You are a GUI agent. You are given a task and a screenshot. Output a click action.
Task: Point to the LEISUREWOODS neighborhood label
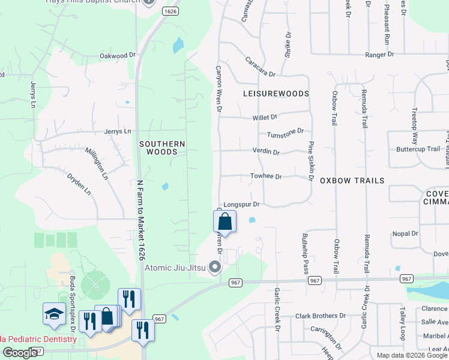tap(276, 94)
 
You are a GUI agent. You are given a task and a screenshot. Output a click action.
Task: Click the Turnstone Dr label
tap(286, 133)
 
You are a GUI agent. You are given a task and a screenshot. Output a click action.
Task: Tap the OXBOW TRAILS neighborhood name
tap(352, 181)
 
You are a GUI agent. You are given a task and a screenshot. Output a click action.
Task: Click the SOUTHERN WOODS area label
tap(162, 148)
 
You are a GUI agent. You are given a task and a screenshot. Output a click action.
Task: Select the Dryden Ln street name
tap(79, 184)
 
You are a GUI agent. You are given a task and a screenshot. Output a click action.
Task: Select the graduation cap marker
tap(54, 313)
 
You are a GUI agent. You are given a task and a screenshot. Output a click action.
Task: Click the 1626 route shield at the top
tap(170, 11)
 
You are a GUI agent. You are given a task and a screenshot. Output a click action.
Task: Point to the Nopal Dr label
tap(405, 233)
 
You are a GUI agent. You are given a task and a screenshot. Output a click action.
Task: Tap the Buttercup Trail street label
tap(418, 149)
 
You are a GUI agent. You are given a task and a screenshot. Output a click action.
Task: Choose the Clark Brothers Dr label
tap(326, 316)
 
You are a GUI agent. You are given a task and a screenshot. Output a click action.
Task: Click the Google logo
tap(20, 353)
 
